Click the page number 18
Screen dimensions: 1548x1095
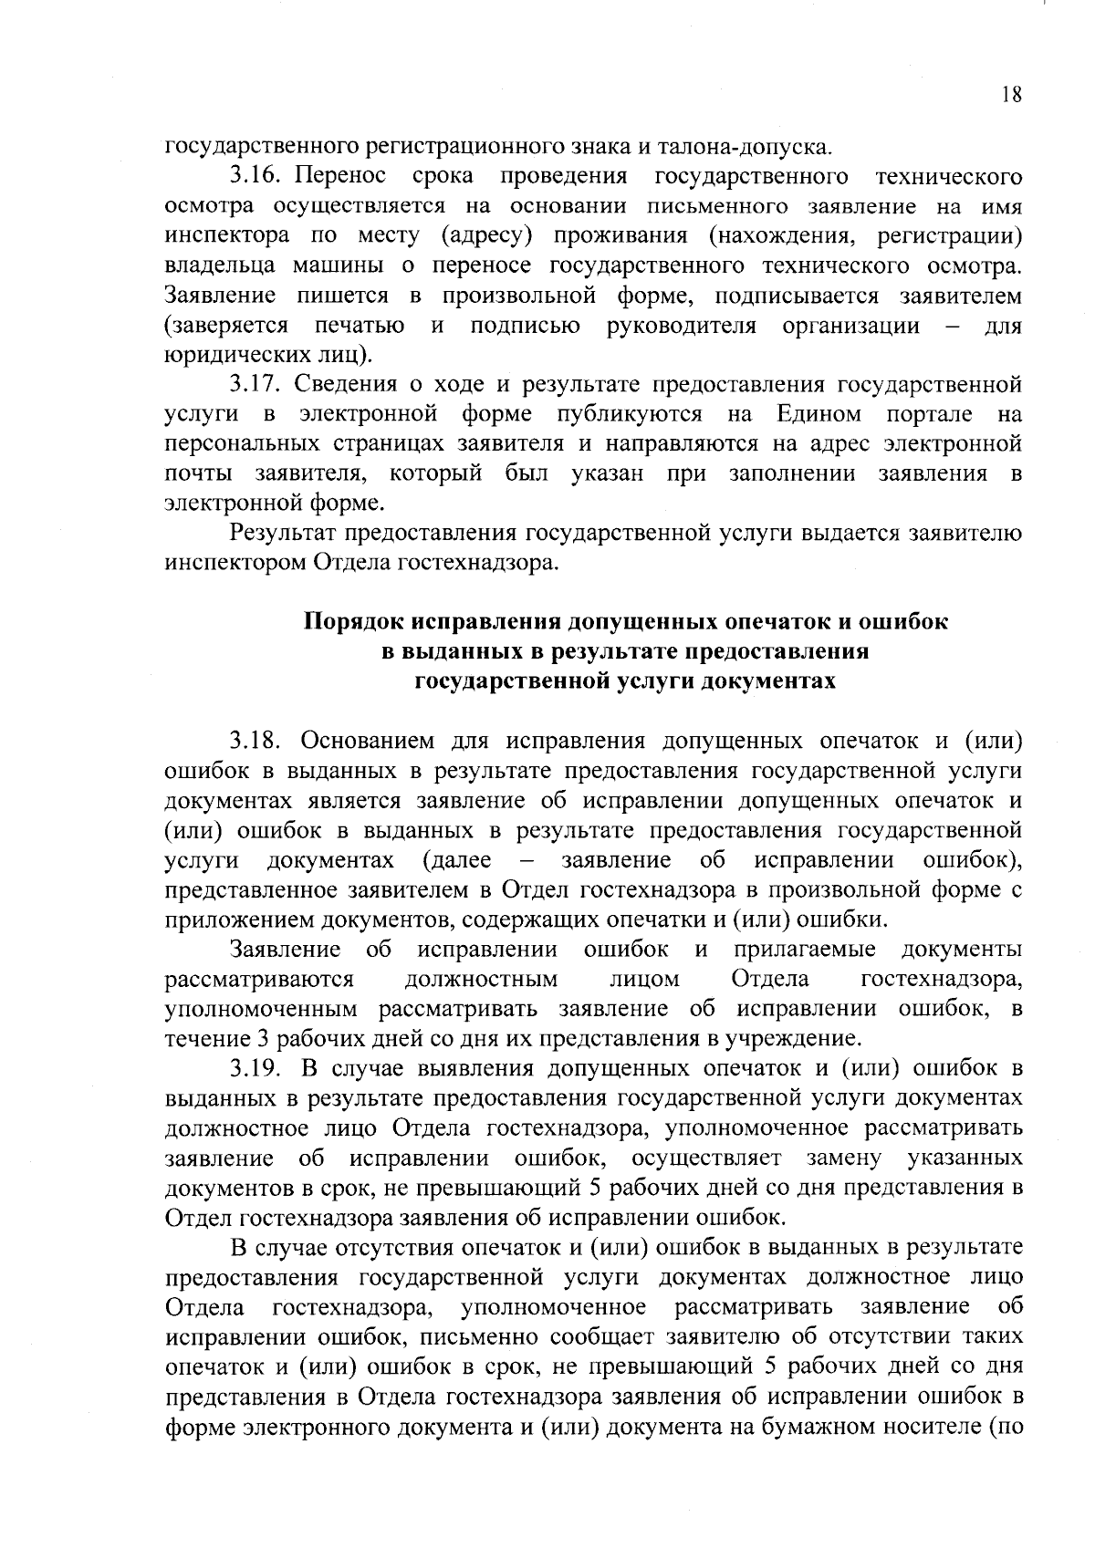(x=1011, y=95)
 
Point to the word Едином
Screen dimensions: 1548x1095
(x=819, y=415)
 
